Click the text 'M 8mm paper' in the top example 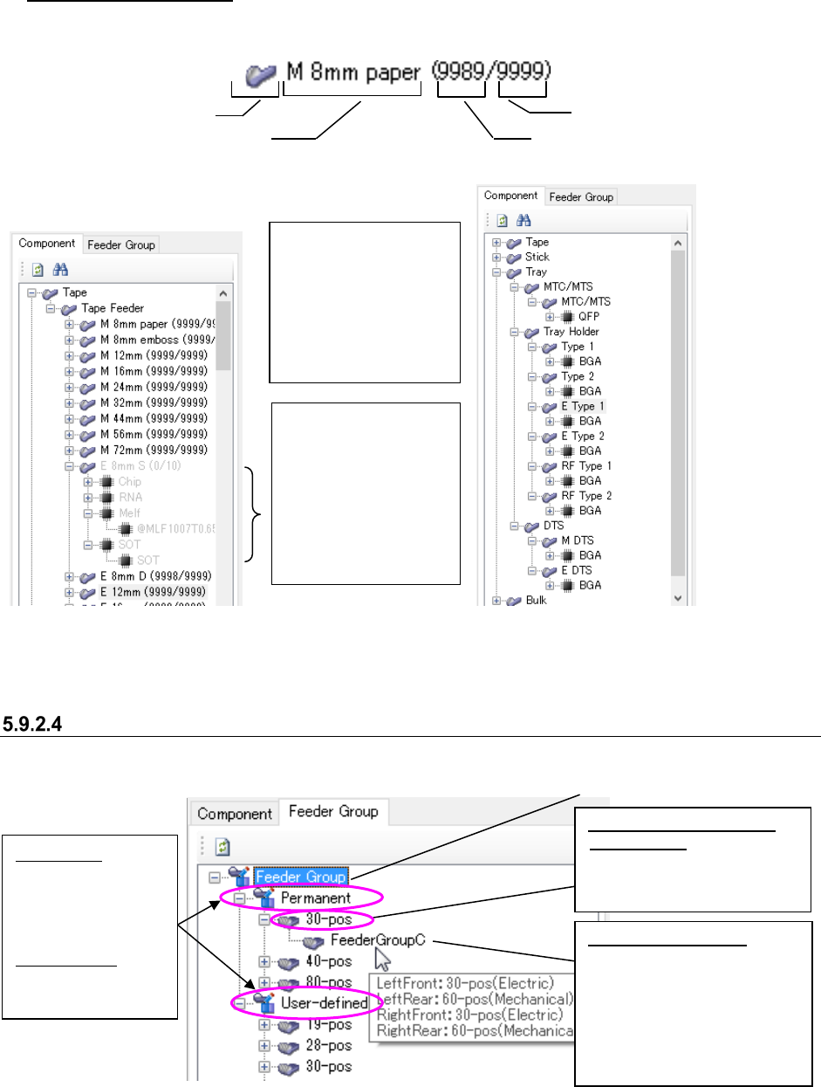coord(353,72)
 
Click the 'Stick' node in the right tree coord(537,257)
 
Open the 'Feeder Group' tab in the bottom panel coord(333,812)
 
